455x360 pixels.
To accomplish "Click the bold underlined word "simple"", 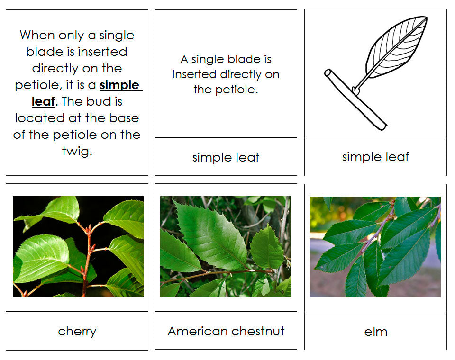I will coord(119,85).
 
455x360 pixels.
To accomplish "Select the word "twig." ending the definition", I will coord(77,152).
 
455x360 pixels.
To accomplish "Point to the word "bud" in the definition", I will coord(109,101).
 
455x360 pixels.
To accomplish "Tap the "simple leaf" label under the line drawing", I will coord(375,157).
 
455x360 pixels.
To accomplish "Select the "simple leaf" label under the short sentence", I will coord(226,157).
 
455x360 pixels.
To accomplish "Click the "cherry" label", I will coord(77,331).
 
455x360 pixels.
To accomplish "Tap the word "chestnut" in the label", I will coord(260,331).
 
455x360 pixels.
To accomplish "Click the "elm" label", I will coord(375,331).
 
